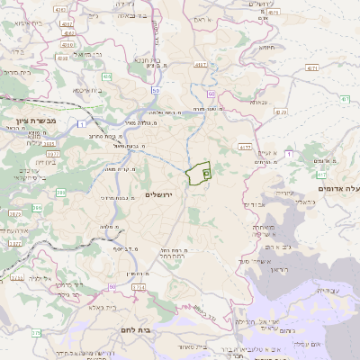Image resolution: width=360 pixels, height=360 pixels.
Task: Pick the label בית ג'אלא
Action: (x=93, y=308)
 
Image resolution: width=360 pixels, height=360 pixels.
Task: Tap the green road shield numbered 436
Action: (x=107, y=76)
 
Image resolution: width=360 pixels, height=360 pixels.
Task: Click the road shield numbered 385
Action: (x=60, y=192)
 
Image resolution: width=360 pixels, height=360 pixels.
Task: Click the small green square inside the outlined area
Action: (x=206, y=171)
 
